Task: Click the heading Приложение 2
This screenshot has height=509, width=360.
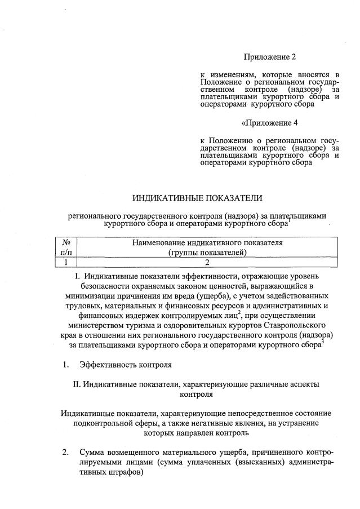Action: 269,56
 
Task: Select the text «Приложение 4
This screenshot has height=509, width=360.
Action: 269,122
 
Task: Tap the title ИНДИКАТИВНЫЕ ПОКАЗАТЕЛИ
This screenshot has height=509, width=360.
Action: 197,198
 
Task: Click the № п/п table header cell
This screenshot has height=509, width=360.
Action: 65,247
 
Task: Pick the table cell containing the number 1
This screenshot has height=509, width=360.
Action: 65,262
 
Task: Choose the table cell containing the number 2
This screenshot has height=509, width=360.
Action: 207,262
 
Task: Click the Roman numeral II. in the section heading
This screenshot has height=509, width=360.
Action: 77,384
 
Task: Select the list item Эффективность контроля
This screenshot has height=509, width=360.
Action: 125,364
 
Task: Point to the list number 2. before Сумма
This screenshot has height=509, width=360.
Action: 65,452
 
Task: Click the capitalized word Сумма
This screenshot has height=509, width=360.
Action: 92,452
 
